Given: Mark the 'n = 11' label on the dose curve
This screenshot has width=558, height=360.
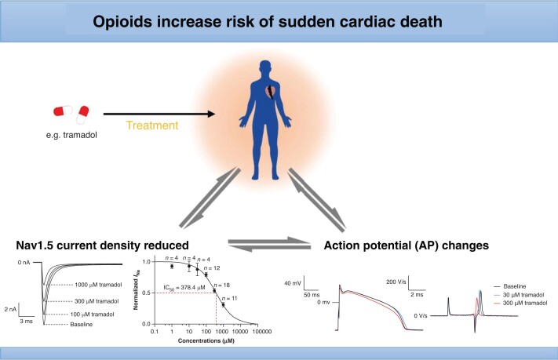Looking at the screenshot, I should (x=232, y=299).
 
